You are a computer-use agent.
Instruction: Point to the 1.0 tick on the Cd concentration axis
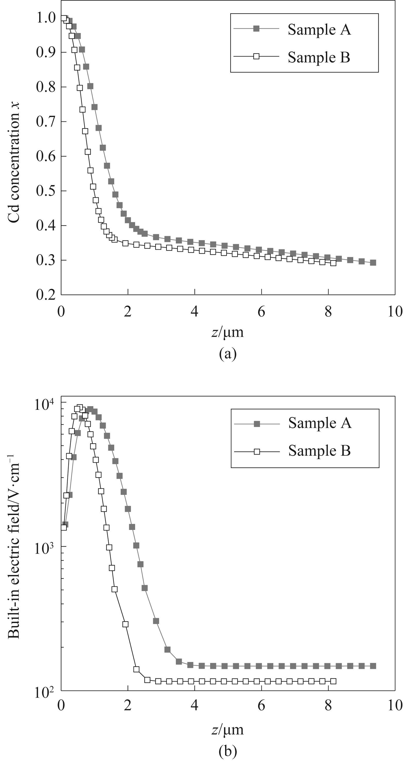pyautogui.click(x=46, y=18)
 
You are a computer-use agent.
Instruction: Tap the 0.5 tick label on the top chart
pyautogui.click(x=46, y=191)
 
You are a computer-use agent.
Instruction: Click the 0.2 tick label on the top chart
pyautogui.click(x=46, y=294)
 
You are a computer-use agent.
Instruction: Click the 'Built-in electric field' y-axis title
pyautogui.click(x=14, y=547)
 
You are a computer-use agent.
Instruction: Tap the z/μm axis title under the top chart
pyautogui.click(x=227, y=332)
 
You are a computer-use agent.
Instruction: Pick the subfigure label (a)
pyautogui.click(x=228, y=354)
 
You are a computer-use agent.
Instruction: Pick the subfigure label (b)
pyautogui.click(x=228, y=751)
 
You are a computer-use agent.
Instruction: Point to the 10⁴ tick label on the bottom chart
pyautogui.click(x=44, y=404)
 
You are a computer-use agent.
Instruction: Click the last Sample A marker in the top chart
pyautogui.click(x=373, y=262)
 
